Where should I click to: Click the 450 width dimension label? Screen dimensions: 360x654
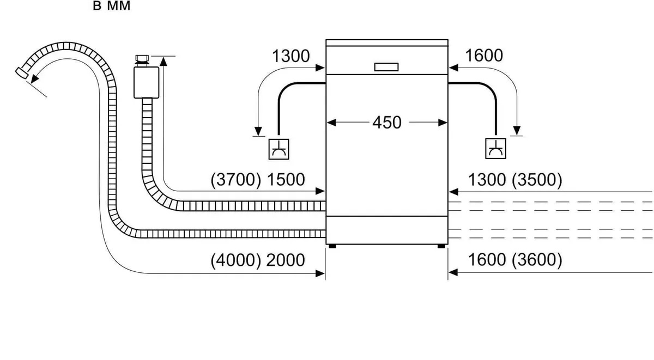(386, 123)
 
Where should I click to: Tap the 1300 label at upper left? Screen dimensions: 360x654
(290, 56)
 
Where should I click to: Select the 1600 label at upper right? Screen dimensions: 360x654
(484, 56)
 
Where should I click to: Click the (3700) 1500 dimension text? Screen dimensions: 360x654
(258, 180)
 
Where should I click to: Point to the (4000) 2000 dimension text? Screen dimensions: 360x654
(258, 260)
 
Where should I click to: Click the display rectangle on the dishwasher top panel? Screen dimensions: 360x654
(386, 67)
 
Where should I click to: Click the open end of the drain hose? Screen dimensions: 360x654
(20, 72)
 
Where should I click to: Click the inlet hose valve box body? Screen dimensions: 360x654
(146, 81)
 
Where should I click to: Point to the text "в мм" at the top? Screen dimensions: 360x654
(112, 8)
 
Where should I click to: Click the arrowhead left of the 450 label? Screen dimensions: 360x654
(330, 123)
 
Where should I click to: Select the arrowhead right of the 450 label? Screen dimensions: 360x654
(443, 123)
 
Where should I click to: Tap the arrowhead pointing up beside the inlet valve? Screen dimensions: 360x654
(163, 60)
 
